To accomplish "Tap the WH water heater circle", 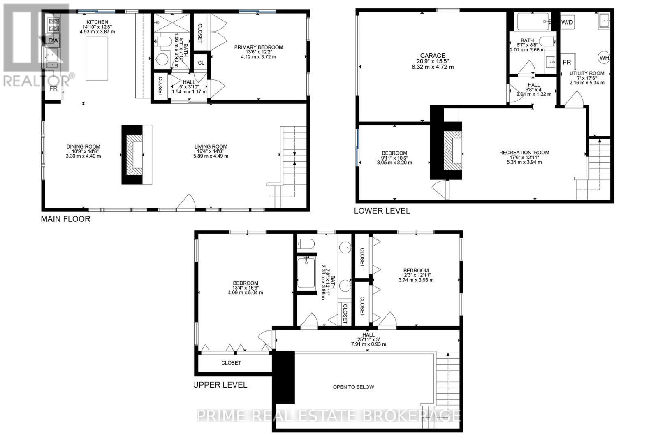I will [x=604, y=58].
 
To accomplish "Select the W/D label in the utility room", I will [x=567, y=22].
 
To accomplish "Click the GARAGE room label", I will [x=432, y=56].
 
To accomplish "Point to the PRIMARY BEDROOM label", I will [x=259, y=47].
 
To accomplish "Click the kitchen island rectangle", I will [x=97, y=58].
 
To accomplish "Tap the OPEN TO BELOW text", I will [x=353, y=387].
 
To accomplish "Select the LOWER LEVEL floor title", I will [x=382, y=211].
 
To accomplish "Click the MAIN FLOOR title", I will [x=65, y=219].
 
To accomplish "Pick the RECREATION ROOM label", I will [x=524, y=153].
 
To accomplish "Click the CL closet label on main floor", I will [x=201, y=63].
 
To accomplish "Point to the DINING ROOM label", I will [x=83, y=146].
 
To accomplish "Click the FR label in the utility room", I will [x=567, y=62].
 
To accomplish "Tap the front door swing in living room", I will [x=188, y=202].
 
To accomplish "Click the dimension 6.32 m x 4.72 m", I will [x=432, y=67].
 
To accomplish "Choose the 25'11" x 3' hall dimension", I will [x=368, y=339].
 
